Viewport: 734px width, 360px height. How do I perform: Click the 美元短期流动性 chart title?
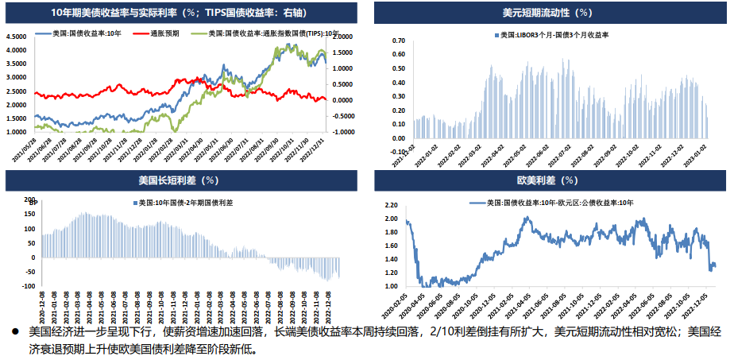(547, 13)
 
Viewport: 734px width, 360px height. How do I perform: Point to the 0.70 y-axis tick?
(399, 40)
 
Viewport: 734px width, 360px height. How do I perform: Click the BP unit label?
(33, 205)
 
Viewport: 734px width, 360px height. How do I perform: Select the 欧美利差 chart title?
(547, 181)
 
